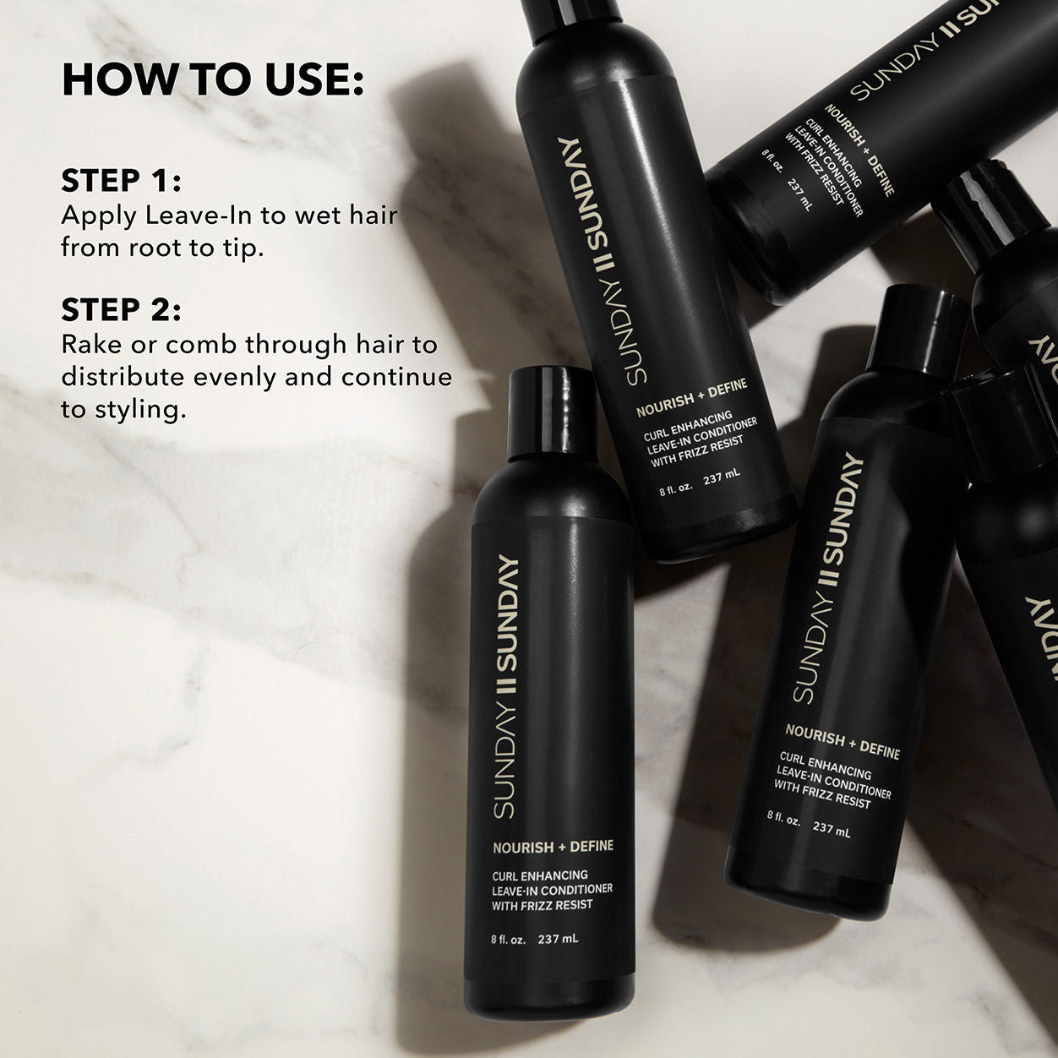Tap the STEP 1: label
tap(121, 181)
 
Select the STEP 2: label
tap(121, 310)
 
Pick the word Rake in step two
tap(91, 345)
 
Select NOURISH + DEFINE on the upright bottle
tap(553, 846)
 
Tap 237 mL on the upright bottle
tap(558, 939)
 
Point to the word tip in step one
tap(238, 249)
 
